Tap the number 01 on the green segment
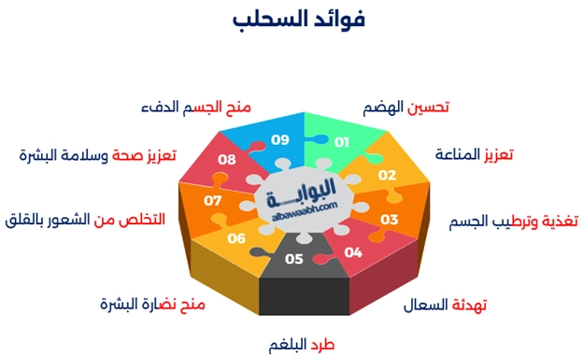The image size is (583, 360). click(341, 142)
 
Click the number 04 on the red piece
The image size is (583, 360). click(352, 252)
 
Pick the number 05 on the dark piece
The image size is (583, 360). click(294, 259)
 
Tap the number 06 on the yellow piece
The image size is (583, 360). click(235, 238)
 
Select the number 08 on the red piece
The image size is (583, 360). click(227, 160)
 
